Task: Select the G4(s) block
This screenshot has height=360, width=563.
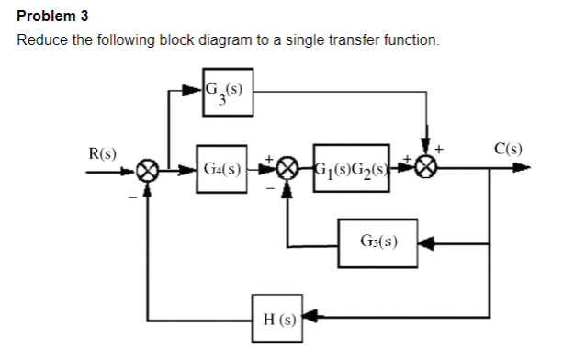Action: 220,171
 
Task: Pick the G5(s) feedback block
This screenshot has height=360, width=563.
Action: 379,243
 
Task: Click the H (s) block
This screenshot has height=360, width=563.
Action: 279,321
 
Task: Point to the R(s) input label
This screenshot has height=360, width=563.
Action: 101,152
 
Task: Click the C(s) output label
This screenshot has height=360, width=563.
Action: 508,148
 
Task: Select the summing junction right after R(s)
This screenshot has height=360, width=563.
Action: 148,171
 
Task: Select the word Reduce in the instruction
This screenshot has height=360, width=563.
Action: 43,42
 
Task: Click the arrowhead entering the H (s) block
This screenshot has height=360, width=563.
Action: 312,321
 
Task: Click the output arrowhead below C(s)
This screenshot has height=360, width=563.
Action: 524,170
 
